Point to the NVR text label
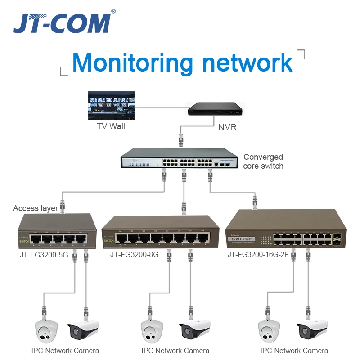(227, 127)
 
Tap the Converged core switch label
(263, 162)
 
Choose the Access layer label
(36, 208)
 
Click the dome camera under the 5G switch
(47, 331)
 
